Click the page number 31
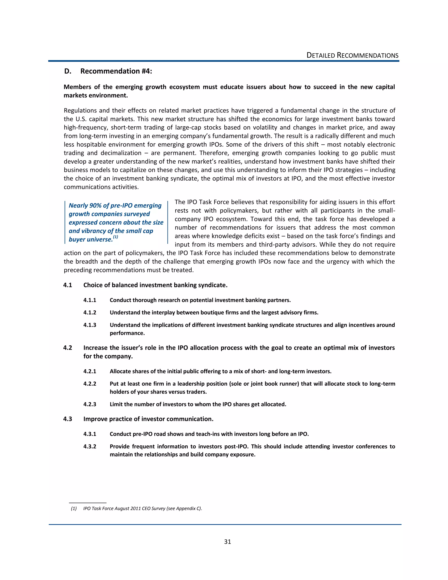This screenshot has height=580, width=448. pos(227,542)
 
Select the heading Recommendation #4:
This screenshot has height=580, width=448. pos(116,71)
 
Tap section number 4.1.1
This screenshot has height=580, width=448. pos(90,300)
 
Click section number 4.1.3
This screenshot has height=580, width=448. pos(90,325)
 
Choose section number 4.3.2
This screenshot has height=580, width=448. pos(90,446)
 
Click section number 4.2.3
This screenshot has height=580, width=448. pos(90,404)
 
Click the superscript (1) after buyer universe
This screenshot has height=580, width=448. pos(115,237)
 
